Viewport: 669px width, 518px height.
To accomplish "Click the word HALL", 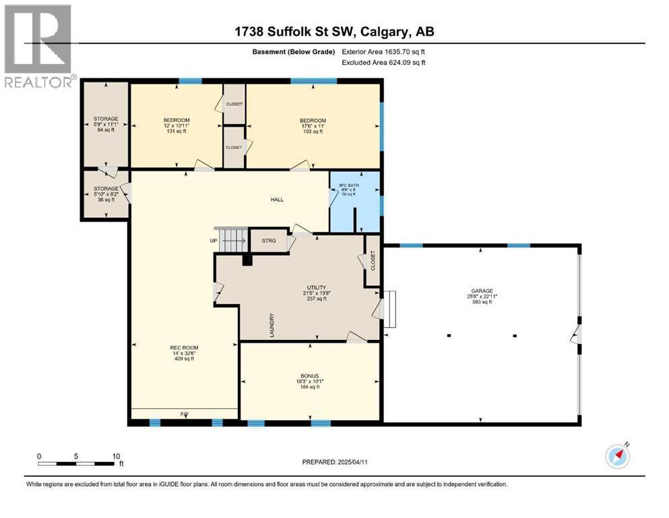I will [x=278, y=200].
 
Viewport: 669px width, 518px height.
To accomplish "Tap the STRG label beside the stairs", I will [x=267, y=239].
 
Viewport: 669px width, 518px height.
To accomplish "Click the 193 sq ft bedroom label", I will [x=313, y=126].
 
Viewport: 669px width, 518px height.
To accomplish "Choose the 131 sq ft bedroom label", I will [x=175, y=125].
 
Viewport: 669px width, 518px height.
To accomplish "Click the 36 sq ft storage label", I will [x=105, y=194].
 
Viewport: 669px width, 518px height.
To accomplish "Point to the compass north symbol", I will [x=617, y=456].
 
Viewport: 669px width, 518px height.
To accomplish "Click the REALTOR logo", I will [x=38, y=46].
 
